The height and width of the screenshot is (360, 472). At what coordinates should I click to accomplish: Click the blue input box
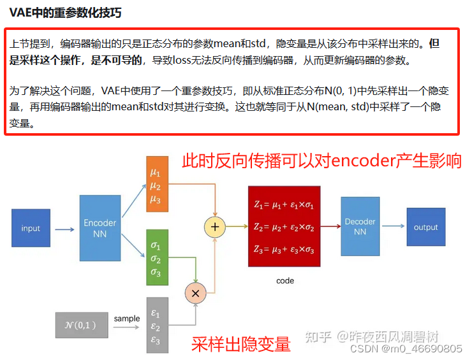pos(31,228)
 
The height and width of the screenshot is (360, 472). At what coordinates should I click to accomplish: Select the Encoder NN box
pos(100,228)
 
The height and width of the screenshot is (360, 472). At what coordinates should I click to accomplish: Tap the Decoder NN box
pos(360,227)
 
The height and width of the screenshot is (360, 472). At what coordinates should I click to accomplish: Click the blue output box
pos(425,227)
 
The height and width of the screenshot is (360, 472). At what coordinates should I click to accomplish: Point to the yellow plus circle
pos(215,226)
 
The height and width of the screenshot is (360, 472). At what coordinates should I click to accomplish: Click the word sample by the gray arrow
pos(127,319)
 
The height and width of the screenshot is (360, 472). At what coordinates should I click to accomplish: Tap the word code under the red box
pos(285,280)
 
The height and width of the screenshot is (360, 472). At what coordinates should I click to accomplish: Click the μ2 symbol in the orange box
pos(156,186)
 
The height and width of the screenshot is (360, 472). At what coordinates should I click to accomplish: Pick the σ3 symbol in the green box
pos(156,273)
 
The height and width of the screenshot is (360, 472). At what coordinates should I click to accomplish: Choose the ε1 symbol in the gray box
pos(156,313)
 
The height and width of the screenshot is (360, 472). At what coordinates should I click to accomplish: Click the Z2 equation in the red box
pos(284,226)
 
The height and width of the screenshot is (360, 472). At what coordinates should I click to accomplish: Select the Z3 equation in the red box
pos(284,249)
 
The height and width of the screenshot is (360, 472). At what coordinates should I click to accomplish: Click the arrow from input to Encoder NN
pos(64,229)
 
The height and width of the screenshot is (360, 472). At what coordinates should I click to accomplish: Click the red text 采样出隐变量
pos(240,345)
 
